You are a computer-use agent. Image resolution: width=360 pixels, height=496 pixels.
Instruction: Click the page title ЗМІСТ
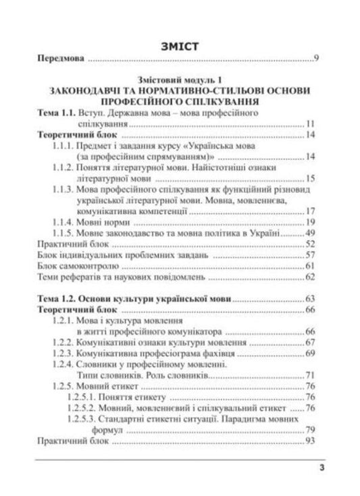coord(179,47)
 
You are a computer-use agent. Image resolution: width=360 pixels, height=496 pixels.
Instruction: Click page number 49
coord(311,233)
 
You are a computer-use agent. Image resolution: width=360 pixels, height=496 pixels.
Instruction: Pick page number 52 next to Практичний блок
coord(311,244)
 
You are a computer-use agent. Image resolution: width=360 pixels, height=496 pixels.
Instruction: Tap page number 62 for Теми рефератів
coord(311,277)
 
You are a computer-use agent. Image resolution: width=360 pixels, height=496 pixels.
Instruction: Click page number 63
coord(311,298)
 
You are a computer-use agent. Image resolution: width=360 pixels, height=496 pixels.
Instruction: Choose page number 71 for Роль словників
coord(311,375)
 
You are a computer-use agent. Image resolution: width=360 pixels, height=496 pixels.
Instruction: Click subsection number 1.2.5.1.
coord(83,397)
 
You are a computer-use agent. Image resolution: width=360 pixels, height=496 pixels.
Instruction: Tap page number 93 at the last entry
coord(311,441)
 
